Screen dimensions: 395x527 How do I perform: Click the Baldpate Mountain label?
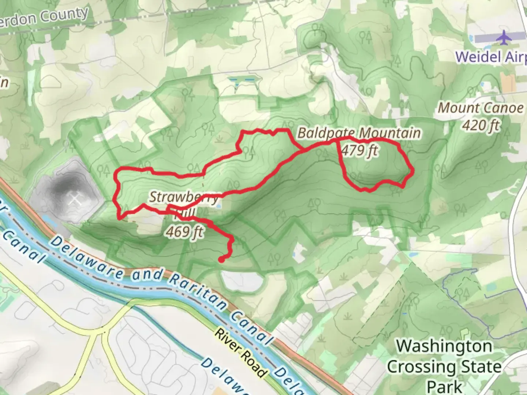click(359, 133)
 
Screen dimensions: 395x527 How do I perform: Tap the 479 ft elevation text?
click(359, 150)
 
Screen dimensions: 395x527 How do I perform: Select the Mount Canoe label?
click(481, 108)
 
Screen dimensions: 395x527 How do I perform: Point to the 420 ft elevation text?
click(481, 125)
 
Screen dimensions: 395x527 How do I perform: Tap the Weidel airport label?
click(490, 57)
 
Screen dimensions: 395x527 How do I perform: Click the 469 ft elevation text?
click(184, 232)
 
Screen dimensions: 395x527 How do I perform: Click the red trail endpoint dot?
click(221, 260)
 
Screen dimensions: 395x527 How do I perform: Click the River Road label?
click(240, 353)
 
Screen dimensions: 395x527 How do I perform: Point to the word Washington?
click(444, 346)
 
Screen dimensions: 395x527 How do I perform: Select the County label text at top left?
click(64, 16)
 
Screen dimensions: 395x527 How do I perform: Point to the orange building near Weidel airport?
click(508, 83)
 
